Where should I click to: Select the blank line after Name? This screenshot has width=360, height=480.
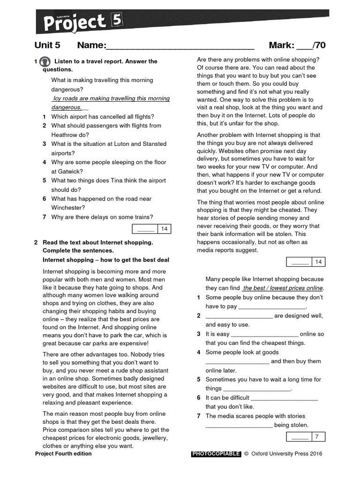tap(180, 46)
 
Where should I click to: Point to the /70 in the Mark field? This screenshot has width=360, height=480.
tap(319, 45)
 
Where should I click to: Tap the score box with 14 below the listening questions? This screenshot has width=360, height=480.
tap(152, 229)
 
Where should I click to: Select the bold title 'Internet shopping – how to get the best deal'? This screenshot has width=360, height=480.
tap(106, 260)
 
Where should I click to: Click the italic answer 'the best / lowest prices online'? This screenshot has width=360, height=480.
tap(283, 288)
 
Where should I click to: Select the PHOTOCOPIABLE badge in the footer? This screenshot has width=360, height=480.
tap(216, 454)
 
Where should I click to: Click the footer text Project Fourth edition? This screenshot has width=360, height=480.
tap(63, 454)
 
